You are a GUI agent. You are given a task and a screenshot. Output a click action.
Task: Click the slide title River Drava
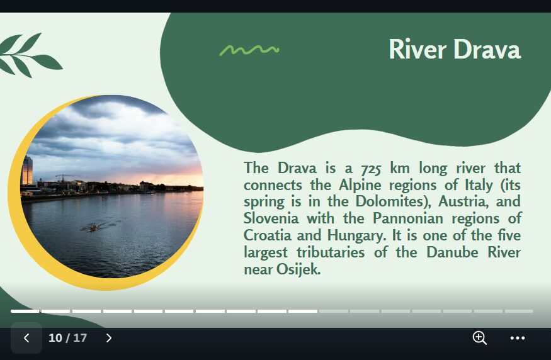[x=455, y=50]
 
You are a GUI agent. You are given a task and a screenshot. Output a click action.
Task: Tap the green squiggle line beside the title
[x=249, y=50]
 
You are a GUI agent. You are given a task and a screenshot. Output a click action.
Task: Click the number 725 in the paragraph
[x=371, y=169]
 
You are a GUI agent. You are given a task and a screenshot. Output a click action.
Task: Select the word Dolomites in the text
[x=390, y=201]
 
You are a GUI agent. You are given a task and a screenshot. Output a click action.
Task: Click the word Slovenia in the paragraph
[x=271, y=218]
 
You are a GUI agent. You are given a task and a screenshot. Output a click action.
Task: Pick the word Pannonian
[x=408, y=218]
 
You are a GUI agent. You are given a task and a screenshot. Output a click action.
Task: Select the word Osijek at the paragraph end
[x=298, y=269]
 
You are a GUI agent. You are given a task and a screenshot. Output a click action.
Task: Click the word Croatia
[x=268, y=235]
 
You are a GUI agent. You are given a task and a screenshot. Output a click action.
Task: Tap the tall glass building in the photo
[x=27, y=171]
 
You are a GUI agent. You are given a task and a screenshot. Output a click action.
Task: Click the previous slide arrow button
[x=26, y=338]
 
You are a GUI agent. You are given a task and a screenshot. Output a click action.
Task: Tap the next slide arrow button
[x=109, y=338]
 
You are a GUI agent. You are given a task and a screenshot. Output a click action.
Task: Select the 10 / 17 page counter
[x=67, y=338]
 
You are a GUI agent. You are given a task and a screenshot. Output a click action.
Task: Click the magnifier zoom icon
[x=480, y=338]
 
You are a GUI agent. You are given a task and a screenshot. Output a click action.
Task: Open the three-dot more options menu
[x=517, y=338]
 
